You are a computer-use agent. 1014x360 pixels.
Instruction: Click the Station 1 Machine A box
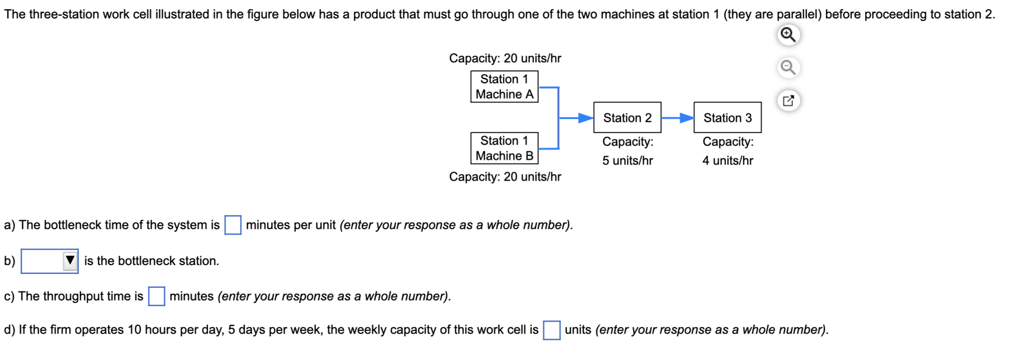(504, 87)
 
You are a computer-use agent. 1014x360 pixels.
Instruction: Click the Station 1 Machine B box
(504, 148)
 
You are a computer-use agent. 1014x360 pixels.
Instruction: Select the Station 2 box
(627, 118)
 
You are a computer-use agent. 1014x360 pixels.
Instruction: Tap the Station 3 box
(727, 118)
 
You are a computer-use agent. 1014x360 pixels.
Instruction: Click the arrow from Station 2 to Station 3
(677, 118)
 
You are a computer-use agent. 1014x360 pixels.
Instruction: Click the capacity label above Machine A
(505, 58)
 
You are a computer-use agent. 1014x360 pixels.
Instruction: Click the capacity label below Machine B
(505, 177)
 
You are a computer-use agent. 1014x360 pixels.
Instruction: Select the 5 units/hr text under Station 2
(627, 161)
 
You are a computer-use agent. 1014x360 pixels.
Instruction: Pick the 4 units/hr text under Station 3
(727, 161)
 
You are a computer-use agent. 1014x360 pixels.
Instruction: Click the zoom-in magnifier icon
(788, 35)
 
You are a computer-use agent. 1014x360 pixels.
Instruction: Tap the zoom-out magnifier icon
(788, 68)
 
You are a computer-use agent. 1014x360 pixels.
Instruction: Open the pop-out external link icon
(788, 100)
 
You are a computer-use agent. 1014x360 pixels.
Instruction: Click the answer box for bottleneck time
(233, 225)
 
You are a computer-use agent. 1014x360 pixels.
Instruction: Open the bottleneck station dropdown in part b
(49, 261)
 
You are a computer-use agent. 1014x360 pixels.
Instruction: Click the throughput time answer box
(156, 297)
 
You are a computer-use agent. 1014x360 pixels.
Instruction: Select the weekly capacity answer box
(551, 330)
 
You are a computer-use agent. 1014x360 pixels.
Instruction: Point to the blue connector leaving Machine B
(549, 149)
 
